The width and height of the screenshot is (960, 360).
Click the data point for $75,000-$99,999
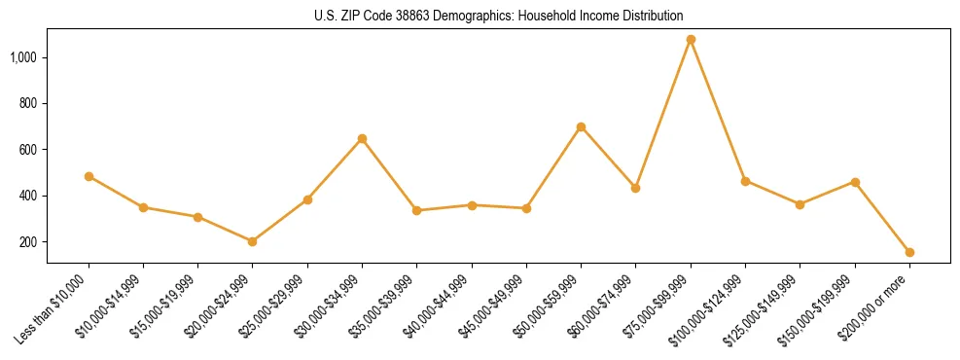[x=691, y=40]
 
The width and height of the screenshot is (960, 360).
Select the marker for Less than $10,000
[x=89, y=176]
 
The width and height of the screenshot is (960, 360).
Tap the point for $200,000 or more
[x=909, y=252]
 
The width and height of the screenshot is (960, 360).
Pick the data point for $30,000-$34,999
[x=362, y=138]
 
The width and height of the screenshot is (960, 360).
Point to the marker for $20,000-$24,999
[x=253, y=241]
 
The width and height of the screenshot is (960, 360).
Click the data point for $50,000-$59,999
[x=581, y=126]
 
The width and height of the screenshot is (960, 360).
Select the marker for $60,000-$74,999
[x=635, y=188]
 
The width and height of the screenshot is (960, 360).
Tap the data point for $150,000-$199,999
[x=855, y=182]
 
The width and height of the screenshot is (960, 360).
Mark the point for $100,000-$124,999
[x=745, y=181]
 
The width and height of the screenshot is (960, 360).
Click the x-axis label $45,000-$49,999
[x=492, y=309]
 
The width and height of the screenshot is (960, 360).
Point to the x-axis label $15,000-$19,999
[x=163, y=309]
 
